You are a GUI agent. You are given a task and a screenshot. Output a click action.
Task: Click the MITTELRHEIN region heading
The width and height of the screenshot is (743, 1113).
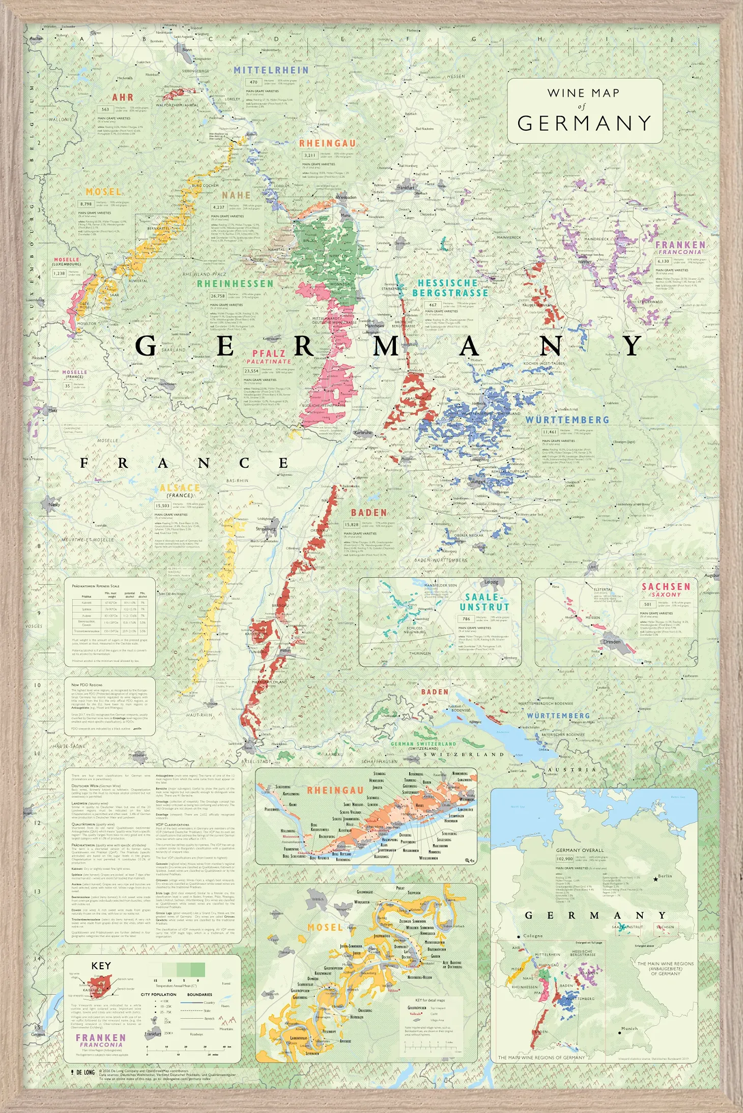click(271, 70)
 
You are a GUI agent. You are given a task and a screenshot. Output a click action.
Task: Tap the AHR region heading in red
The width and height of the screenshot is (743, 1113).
click(123, 97)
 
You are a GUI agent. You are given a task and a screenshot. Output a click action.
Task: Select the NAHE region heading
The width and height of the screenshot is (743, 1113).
click(236, 195)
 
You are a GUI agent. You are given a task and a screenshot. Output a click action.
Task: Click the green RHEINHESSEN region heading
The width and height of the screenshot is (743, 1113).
click(235, 284)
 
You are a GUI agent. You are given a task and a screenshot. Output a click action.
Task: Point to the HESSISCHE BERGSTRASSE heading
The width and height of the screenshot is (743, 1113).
click(450, 288)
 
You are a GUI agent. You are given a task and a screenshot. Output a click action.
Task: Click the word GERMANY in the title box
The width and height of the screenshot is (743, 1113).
click(584, 123)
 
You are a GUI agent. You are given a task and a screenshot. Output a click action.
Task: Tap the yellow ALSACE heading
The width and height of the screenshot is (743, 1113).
click(180, 488)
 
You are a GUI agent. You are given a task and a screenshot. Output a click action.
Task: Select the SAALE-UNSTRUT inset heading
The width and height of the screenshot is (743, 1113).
click(484, 602)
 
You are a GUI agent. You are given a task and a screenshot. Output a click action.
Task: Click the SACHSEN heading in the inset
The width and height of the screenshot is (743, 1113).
click(666, 586)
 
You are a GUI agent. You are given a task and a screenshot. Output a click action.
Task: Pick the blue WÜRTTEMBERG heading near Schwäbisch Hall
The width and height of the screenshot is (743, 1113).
click(567, 420)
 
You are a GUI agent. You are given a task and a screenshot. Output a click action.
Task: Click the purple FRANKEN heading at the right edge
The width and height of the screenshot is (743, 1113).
click(680, 245)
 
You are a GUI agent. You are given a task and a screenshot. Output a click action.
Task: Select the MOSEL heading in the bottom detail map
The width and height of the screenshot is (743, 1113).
click(325, 927)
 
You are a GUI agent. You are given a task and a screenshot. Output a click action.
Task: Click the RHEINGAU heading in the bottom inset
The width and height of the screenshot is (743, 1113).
click(335, 790)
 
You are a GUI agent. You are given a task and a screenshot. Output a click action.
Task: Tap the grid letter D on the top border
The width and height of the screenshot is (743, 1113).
click(276, 39)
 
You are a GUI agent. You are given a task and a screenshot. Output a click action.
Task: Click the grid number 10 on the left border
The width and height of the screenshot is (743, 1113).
click(37, 685)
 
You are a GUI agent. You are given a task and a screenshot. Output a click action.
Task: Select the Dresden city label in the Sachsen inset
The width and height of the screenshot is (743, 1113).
click(612, 642)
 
